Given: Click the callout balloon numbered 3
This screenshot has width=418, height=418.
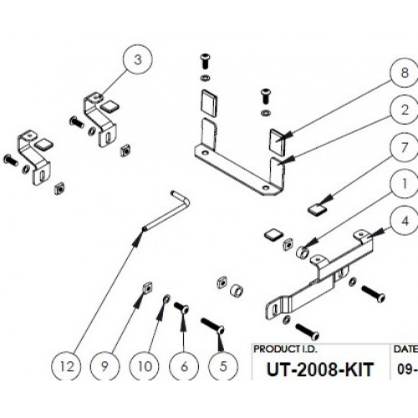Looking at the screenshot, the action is [138, 59].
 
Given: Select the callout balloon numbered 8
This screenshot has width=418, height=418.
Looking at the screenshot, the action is [405, 73].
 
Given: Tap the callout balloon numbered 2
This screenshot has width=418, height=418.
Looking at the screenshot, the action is [405, 110].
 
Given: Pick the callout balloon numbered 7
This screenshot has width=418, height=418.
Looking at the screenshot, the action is [405, 147].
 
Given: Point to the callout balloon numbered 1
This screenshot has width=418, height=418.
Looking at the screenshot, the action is [405, 184].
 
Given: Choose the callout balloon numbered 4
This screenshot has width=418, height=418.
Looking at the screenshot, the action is [405, 221].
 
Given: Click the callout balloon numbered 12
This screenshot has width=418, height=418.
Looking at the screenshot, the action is [67, 366].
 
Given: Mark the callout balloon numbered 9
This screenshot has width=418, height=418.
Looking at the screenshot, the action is [105, 366].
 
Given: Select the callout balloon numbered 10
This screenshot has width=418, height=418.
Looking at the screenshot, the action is [145, 366].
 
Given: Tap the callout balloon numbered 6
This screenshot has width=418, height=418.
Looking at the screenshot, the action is [184, 366].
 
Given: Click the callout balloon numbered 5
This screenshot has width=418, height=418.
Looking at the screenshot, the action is [223, 366].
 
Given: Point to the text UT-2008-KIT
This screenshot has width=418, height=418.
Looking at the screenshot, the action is [319, 370].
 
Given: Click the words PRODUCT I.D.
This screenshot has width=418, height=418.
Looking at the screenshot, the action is [285, 349].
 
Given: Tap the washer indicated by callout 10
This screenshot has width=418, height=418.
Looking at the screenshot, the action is [166, 299].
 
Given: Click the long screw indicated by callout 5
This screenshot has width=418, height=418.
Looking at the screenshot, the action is [212, 325].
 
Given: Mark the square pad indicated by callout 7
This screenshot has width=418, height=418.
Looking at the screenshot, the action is [317, 210].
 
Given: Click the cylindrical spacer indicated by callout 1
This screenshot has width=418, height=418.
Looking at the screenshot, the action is [303, 252].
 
